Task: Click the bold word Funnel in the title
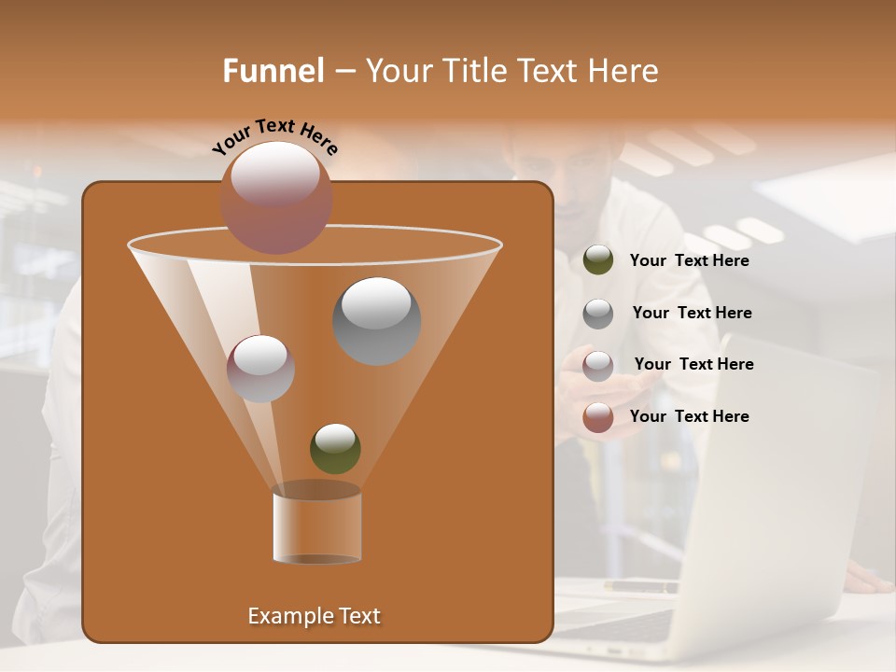[273, 71]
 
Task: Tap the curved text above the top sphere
[275, 136]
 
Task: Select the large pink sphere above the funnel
[276, 197]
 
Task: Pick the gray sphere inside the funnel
[376, 320]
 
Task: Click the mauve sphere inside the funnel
[260, 368]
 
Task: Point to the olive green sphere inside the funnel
[335, 448]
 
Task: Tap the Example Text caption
[314, 616]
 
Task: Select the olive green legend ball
[598, 259]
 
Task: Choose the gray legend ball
[598, 313]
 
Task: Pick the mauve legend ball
[598, 365]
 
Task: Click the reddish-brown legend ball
[598, 417]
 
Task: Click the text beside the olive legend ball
[689, 261]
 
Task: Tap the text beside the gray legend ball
[692, 314]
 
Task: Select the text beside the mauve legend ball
[693, 365]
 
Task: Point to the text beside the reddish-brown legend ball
[689, 417]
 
